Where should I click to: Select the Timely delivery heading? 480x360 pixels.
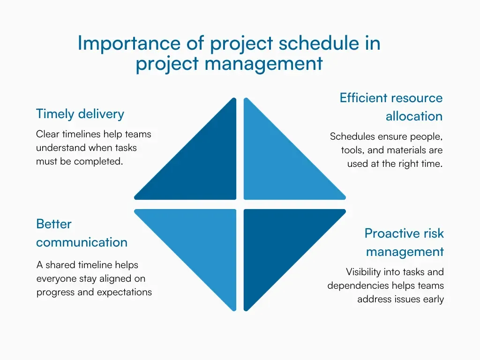pos(80,114)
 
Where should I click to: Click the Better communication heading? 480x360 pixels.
pos(82,233)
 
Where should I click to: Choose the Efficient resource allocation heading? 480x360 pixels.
pos(391,107)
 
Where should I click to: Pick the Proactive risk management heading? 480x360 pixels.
pos(404,242)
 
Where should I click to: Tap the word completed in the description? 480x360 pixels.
pos(102,162)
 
